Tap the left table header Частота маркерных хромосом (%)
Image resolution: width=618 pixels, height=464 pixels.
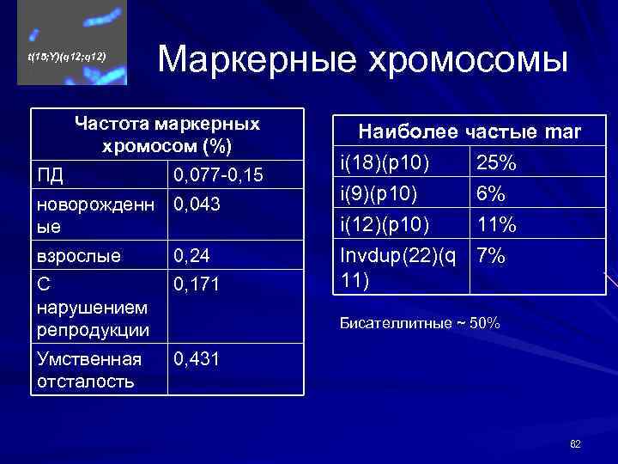point(167,135)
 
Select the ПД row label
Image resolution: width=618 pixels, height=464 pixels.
point(51,176)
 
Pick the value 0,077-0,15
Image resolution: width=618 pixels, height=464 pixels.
point(218,176)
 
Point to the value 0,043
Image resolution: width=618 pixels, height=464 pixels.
point(197,205)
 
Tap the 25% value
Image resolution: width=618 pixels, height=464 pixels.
point(496,162)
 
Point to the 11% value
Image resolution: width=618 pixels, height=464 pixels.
point(496,225)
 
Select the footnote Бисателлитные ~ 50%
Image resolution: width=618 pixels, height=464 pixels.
point(420,324)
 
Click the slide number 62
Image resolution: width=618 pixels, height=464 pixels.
point(575,443)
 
